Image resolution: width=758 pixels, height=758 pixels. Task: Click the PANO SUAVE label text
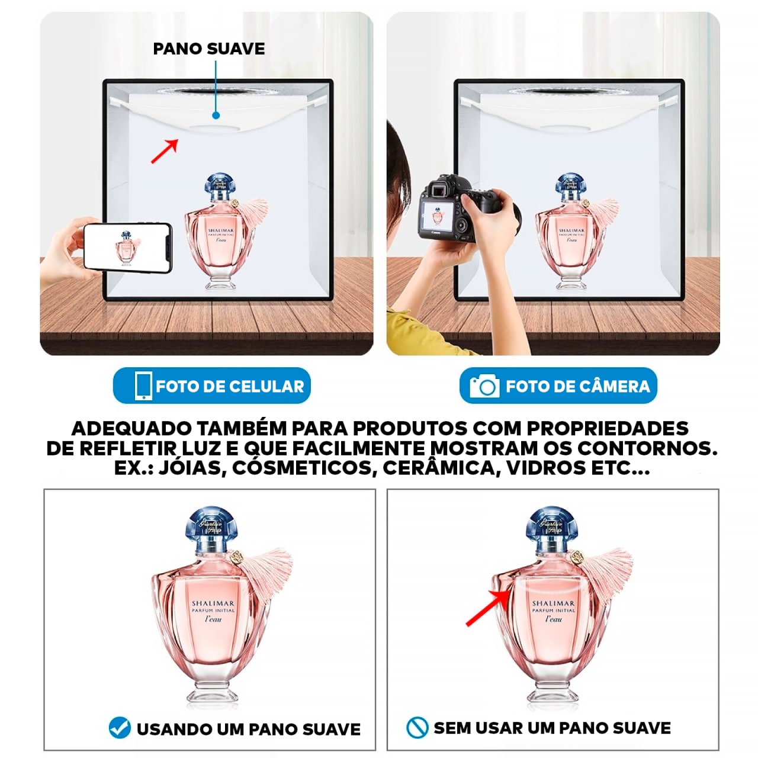208,49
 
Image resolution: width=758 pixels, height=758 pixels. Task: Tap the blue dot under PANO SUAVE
216,115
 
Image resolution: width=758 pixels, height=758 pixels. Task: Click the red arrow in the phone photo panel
165,151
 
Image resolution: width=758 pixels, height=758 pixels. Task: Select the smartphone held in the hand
127,247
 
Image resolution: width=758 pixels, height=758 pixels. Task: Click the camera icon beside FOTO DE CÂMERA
484,386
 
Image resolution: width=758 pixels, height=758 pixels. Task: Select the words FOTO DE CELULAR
230,387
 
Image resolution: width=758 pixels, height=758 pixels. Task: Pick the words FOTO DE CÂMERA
577,387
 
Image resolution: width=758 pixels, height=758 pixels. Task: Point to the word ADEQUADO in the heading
131,428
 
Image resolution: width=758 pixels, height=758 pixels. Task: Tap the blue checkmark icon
120,728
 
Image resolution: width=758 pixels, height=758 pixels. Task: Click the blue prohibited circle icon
417,728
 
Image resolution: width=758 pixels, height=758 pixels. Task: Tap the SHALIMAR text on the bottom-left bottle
213,603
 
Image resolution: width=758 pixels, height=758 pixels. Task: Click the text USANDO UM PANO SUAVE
248,729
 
